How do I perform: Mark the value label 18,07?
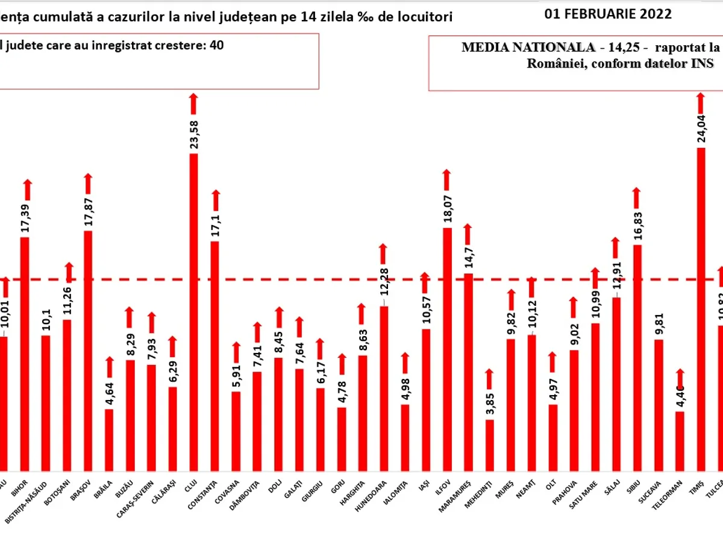(447, 208)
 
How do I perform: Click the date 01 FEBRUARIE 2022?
(608, 14)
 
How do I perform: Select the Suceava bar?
(659, 405)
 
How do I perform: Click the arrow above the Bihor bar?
(28, 189)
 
